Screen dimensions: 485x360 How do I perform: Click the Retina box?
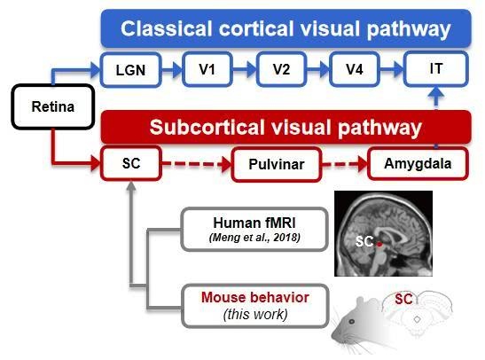pos(53,106)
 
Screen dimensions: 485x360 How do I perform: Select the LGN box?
pos(131,69)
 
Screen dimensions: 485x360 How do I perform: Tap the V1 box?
pos(207,69)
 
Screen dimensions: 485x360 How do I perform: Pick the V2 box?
pos(281,69)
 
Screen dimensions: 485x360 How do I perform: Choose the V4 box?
pos(355,69)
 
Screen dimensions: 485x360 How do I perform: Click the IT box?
pos(436,68)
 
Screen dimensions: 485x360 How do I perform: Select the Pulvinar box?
pos(277,164)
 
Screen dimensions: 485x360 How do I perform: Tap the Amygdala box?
pos(418,163)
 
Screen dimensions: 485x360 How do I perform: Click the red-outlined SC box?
pos(131,163)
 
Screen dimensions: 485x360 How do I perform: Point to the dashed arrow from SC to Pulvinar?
pos(197,164)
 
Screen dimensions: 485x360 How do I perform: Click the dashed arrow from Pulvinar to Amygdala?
pos(345,164)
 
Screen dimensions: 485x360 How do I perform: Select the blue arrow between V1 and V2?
pos(245,69)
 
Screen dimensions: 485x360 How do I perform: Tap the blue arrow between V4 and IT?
pos(392,69)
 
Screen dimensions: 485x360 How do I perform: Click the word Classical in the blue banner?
pos(167,28)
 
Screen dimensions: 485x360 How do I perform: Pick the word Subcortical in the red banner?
pos(207,127)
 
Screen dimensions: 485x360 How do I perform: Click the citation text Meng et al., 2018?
pos(254,238)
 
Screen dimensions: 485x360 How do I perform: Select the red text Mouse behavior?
pos(255,297)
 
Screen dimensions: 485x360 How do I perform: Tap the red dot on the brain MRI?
pos(379,244)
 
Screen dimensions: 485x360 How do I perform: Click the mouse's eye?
pos(352,322)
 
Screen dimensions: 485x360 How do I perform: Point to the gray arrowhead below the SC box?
pos(131,185)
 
